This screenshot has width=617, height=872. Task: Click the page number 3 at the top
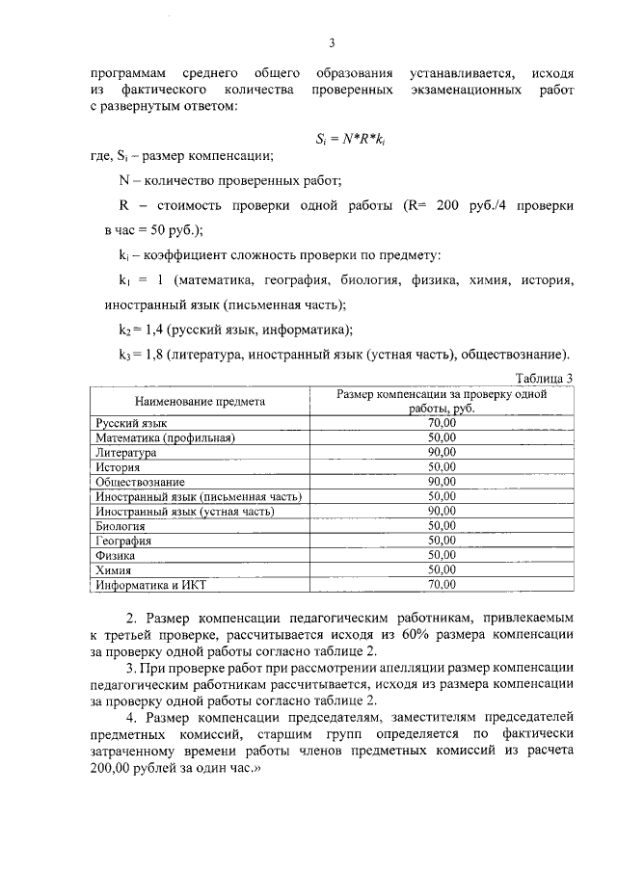tap(331, 42)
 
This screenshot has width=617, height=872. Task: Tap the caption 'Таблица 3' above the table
tap(545, 377)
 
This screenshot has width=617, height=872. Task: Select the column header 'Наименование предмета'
tap(200, 401)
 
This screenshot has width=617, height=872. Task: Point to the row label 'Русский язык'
tap(131, 423)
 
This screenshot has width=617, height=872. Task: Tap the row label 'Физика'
tap(115, 555)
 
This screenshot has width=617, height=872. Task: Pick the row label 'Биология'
tap(121, 526)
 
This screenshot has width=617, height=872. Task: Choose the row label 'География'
tap(123, 541)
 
